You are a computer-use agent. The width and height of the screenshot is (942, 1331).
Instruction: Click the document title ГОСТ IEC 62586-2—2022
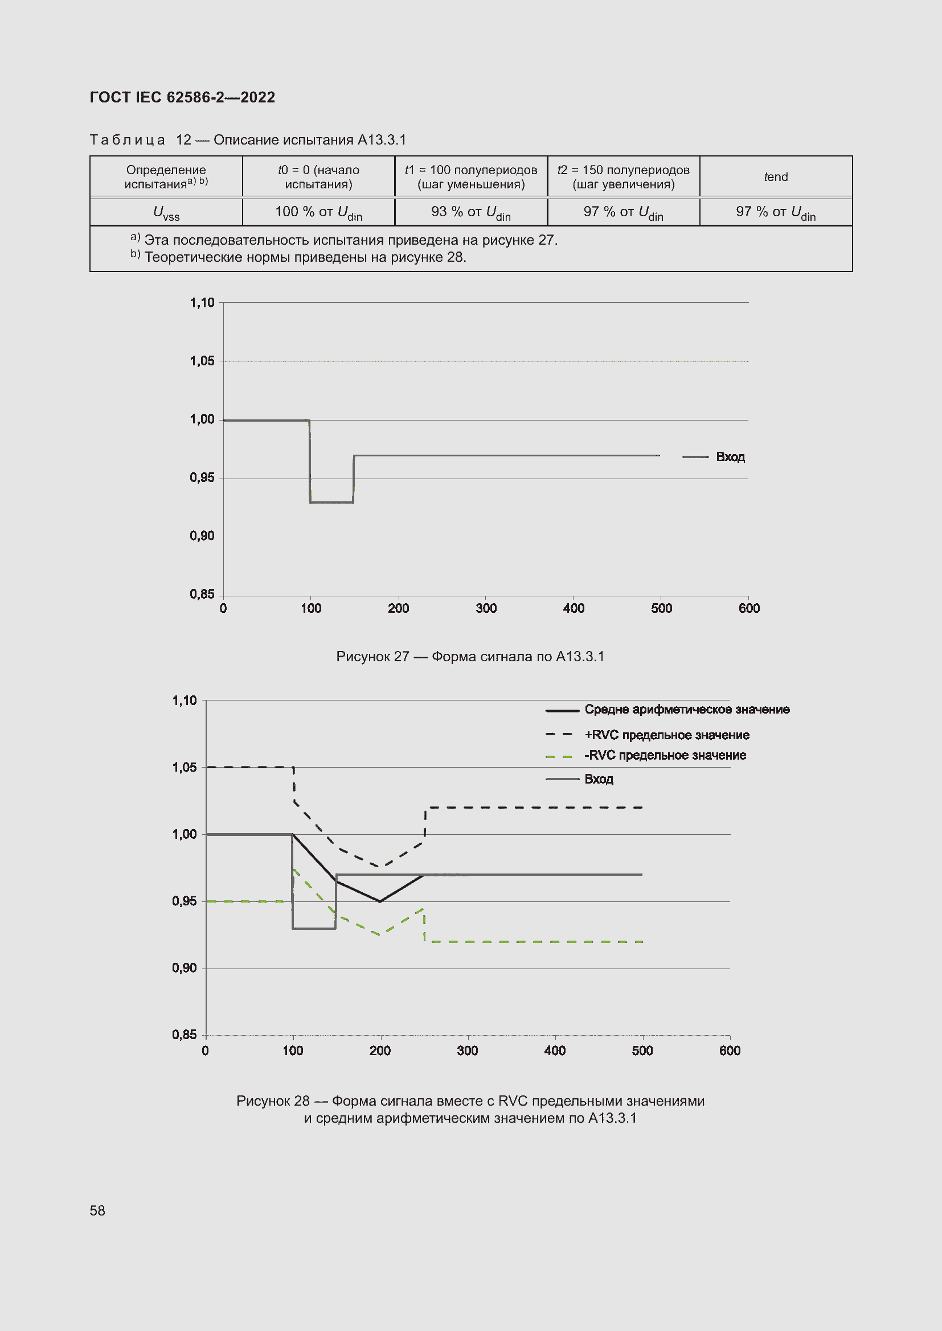182,97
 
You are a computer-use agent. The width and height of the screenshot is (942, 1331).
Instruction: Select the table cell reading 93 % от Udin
470,212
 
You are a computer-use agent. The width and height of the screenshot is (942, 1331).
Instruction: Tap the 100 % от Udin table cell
318,212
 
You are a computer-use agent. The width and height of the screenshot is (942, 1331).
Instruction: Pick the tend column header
776,177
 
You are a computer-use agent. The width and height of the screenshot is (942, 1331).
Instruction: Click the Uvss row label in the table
166,212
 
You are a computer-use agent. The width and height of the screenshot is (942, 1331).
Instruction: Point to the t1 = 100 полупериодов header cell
470,177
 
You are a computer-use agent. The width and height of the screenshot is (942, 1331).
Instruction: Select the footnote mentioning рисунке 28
305,257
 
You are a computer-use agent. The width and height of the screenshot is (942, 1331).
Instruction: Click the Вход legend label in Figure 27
730,457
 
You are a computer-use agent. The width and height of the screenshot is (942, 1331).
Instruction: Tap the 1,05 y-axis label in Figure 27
202,361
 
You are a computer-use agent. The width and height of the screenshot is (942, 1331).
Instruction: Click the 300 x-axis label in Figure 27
486,608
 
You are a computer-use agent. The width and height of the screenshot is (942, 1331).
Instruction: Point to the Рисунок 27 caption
470,656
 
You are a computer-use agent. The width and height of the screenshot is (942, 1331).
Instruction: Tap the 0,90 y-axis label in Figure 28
184,968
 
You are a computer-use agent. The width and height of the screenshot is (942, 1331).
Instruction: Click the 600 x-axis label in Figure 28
730,1050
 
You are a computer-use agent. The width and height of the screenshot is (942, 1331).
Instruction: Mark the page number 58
97,1210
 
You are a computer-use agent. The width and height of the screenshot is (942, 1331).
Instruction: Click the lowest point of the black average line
380,901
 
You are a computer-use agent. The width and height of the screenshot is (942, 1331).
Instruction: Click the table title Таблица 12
248,140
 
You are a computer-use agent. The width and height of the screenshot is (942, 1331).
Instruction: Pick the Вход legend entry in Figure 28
599,779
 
